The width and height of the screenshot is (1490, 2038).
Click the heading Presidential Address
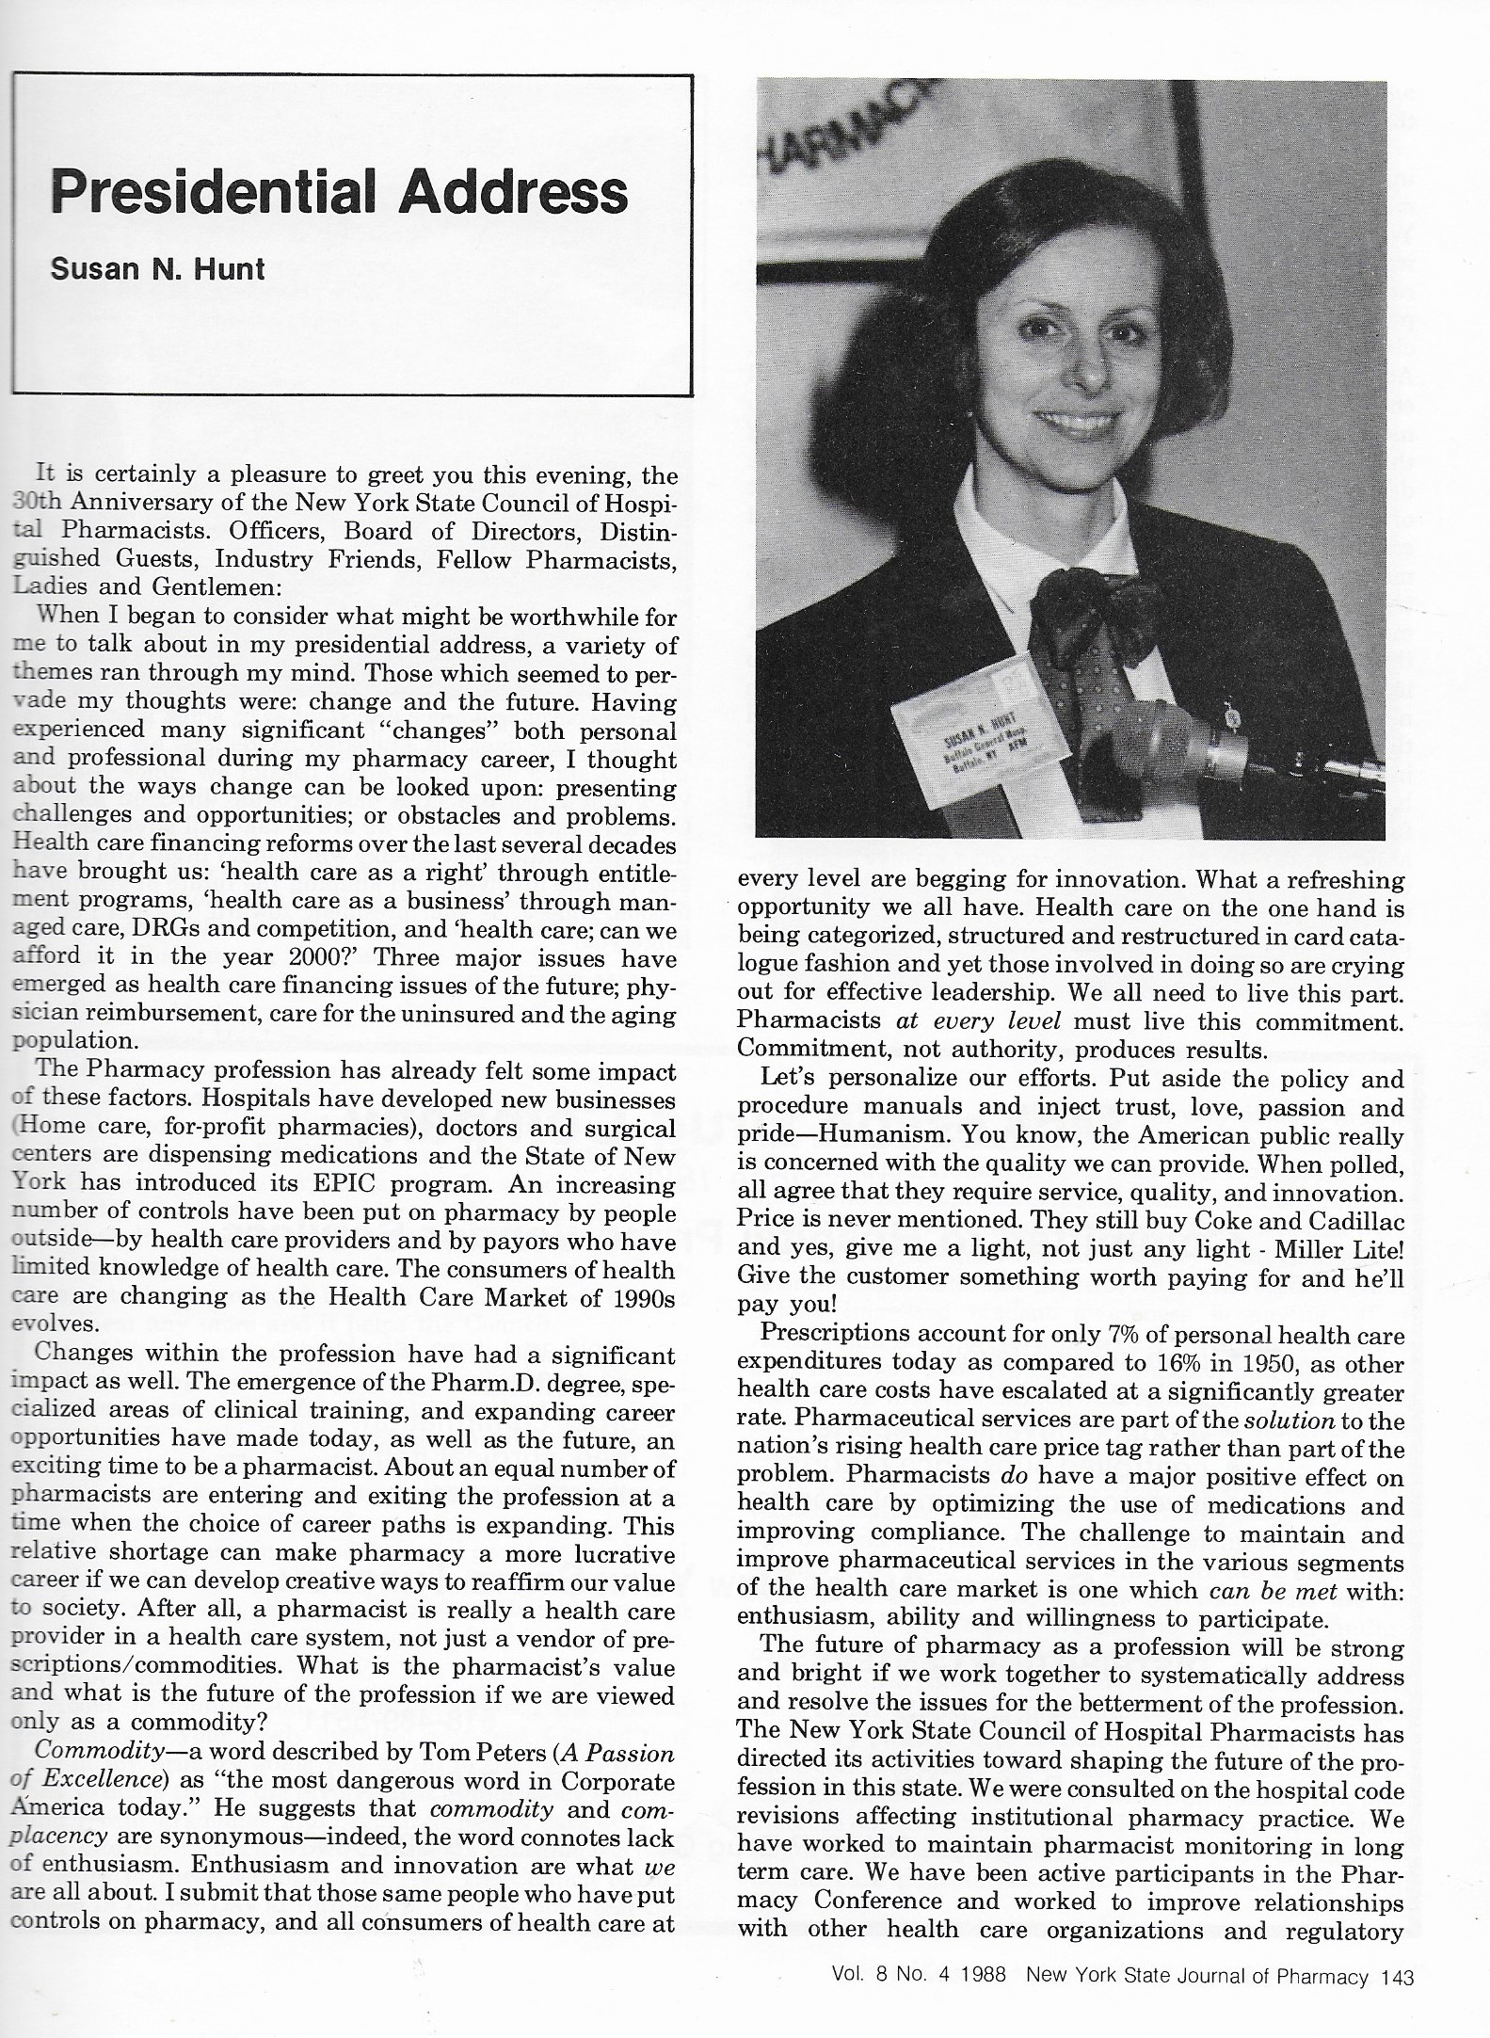pos(339,192)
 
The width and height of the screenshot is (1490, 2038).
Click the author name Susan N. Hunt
pos(157,269)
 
